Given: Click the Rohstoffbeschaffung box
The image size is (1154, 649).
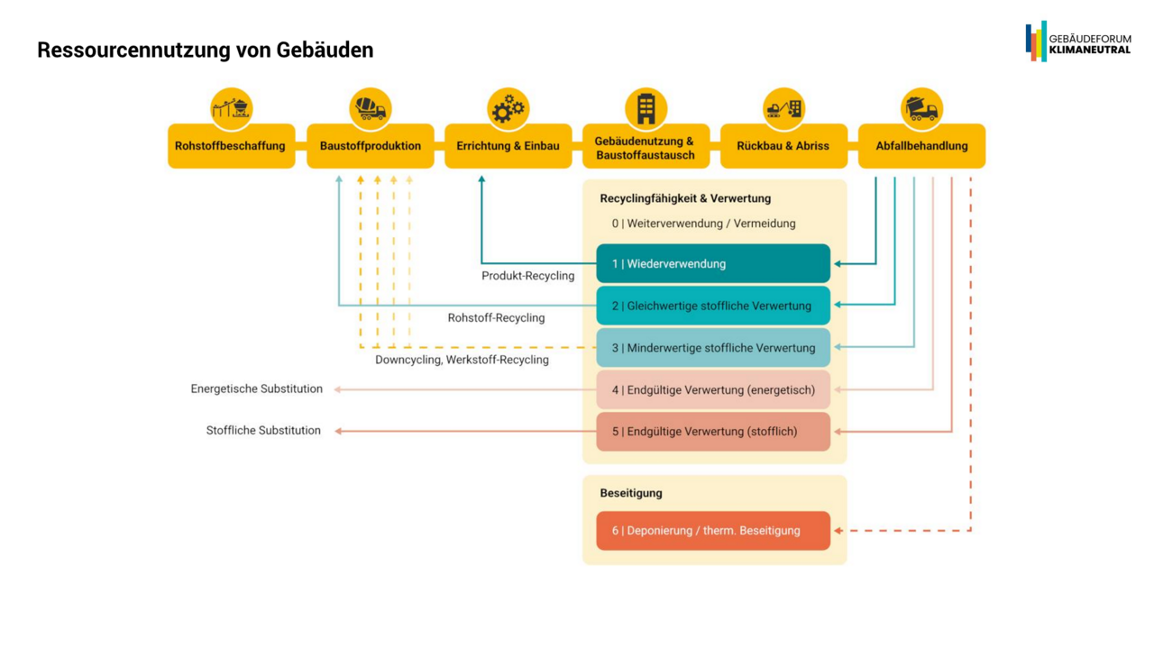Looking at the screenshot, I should click(231, 146).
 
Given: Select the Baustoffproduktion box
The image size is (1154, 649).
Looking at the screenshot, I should click(370, 146).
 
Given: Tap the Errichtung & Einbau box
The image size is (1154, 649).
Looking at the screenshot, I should click(508, 146).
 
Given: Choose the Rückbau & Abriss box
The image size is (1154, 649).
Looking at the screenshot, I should click(783, 146).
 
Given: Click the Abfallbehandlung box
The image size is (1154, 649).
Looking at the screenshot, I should click(921, 146).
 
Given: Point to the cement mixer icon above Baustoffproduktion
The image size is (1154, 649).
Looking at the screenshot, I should click(370, 108).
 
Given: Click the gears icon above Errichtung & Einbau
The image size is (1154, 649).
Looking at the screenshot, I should click(508, 108).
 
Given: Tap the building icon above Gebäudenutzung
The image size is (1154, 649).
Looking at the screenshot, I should click(646, 108).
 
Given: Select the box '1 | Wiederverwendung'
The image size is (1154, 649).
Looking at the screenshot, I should click(712, 264).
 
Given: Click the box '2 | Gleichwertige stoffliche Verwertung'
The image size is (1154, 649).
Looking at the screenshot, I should click(712, 306).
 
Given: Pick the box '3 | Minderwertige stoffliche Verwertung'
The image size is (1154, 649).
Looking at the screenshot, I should click(712, 348).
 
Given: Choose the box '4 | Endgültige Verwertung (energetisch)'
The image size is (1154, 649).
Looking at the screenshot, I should click(712, 390).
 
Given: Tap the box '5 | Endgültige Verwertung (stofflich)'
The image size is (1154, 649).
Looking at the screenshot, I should click(712, 432).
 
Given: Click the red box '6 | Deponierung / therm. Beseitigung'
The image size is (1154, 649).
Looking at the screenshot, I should click(712, 531).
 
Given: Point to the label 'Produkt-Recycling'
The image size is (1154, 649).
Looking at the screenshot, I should click(527, 276).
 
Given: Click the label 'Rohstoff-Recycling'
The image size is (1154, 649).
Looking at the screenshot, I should click(496, 318).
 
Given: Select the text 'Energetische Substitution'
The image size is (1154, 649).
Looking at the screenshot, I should click(256, 389).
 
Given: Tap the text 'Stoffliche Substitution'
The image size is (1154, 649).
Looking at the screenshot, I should click(263, 431).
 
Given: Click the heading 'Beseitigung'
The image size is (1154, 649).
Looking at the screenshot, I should click(631, 493).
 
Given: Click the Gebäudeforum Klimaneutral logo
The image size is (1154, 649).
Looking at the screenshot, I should click(1077, 41).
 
